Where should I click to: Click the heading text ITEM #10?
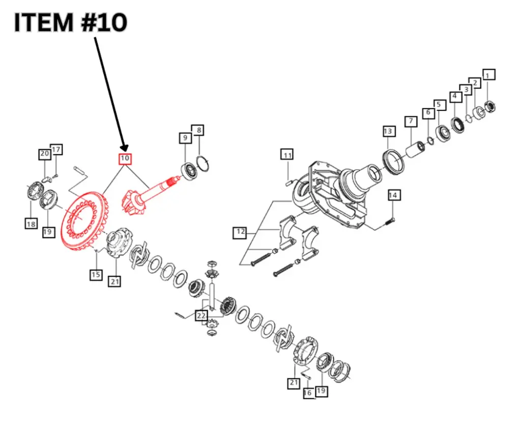tap(70, 23)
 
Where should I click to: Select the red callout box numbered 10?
tap(125, 159)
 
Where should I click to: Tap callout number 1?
tap(488, 76)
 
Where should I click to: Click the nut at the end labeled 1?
tap(490, 107)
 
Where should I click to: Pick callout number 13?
tap(388, 132)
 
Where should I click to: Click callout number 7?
tap(410, 121)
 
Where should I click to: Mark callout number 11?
tap(287, 155)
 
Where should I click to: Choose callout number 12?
tap(240, 233)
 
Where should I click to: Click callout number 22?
tap(202, 316)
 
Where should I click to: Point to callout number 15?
tap(96, 275)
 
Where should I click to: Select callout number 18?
tap(31, 223)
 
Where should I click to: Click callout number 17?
tap(56, 149)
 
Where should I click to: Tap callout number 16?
tap(308, 393)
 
